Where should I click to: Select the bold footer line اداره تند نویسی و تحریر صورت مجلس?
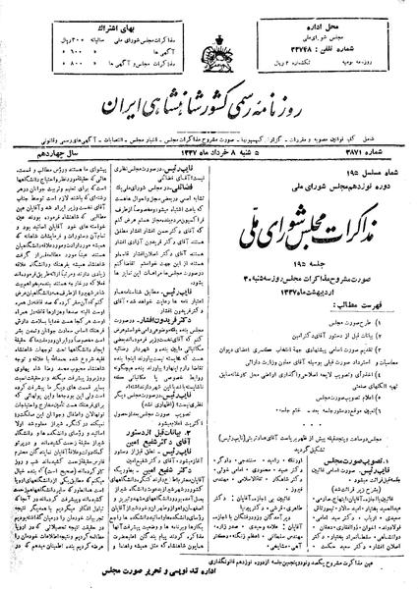point(207,569)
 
